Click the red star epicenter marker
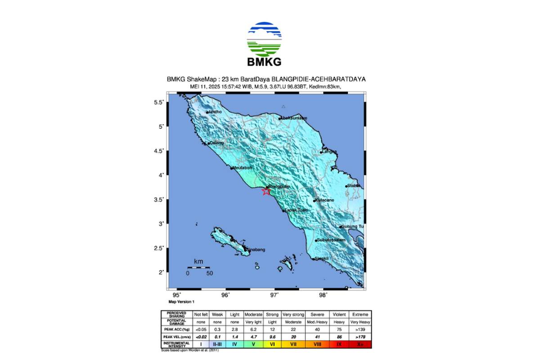click(266, 191)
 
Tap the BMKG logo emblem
click(265, 38)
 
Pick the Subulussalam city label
click(331, 240)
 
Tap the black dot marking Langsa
click(321, 152)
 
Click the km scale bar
click(198, 268)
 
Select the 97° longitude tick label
click(274, 295)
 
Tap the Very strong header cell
click(293, 314)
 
